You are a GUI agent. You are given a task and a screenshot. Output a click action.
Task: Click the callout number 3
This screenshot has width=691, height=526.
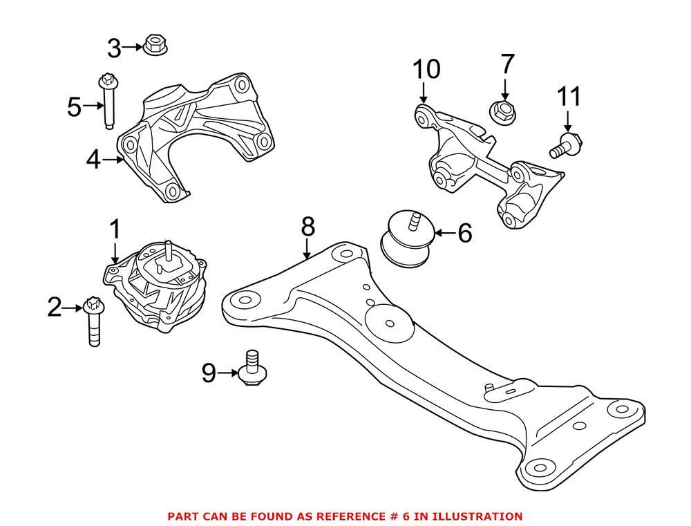point(115,48)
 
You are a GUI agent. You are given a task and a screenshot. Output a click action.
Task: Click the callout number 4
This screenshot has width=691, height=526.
point(95,161)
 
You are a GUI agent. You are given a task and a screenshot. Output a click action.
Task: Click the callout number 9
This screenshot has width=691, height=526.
point(209,374)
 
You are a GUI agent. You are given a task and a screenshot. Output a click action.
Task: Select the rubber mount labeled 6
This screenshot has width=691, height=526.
point(406,238)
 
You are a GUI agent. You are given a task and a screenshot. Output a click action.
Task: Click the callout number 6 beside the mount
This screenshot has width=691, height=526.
point(464,233)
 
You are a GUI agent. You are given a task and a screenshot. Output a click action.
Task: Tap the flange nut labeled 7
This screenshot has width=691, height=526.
point(504,109)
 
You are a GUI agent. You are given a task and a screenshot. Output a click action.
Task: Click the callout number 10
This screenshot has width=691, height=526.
point(426,69)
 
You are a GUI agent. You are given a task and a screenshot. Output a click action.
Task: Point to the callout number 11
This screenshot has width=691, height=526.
point(570,96)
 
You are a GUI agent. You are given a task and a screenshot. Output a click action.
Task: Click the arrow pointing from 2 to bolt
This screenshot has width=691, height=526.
point(73,308)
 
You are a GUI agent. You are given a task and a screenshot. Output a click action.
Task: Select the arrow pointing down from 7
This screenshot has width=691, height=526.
point(505,88)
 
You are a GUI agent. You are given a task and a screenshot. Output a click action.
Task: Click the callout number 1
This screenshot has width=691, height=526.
point(115,229)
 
